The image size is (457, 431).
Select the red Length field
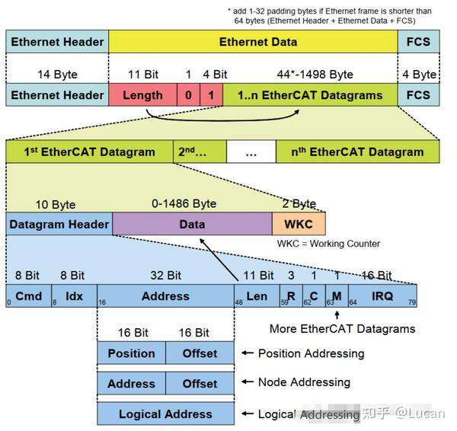142,95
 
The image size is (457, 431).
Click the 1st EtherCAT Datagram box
89,152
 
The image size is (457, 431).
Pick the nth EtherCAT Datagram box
357,152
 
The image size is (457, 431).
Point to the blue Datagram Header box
59,225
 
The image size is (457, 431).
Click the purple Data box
192,225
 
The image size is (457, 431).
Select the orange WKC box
299,225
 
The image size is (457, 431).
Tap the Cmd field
28,295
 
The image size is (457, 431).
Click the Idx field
74,295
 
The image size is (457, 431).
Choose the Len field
257,295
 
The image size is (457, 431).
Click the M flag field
336,295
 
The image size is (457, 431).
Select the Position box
131,353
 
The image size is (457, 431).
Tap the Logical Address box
165,414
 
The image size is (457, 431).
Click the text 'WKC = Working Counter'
328,244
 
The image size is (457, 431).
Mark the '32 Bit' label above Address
165,275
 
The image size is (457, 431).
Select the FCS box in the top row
418,42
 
